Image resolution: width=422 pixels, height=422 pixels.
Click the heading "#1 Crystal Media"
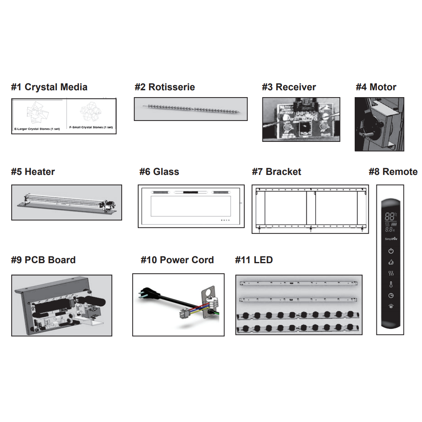pos(49,87)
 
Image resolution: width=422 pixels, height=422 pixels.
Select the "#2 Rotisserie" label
pos(164,87)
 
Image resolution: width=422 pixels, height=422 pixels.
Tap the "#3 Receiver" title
pos(289,87)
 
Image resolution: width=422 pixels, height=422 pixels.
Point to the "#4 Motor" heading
pos(376,87)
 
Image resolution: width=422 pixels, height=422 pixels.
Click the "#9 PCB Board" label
pos(43,260)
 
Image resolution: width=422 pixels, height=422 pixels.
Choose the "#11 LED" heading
pos(254,260)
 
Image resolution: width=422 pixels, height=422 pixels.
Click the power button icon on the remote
pos(390,251)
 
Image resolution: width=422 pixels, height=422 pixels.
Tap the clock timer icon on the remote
pos(390,295)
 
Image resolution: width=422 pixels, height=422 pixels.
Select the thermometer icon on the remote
pos(390,284)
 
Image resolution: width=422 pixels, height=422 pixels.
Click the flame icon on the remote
pos(390,262)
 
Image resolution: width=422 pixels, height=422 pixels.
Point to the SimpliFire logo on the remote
pos(390,239)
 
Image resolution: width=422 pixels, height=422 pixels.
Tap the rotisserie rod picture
pos(191,108)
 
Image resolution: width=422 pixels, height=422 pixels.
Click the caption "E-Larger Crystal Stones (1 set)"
pos(37,129)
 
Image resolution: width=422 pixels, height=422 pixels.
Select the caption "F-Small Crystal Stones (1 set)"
pos(91,127)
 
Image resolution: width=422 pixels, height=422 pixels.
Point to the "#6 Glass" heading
pos(159,172)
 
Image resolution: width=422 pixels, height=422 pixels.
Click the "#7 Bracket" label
pos(276,172)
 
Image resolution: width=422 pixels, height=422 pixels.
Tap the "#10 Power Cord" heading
pos(177,260)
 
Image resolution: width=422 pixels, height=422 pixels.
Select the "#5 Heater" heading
pos(33,172)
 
